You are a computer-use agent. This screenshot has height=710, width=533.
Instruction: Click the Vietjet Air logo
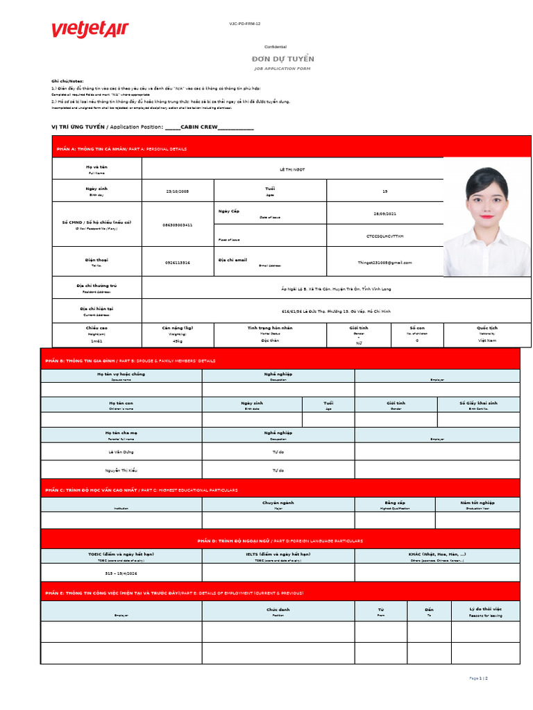(90, 30)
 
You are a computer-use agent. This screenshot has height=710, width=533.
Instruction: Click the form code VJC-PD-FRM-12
(244, 24)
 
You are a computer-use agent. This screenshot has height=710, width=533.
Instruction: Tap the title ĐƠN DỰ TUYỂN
(282, 59)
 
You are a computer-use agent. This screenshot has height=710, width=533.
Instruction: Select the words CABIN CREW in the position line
(199, 127)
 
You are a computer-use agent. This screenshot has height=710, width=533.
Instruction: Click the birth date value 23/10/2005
(178, 191)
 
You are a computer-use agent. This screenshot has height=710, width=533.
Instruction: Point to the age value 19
(384, 191)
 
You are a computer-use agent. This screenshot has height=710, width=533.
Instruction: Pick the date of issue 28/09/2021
(384, 214)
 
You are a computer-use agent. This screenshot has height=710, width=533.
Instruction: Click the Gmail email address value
(384, 263)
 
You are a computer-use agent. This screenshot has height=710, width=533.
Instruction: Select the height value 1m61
(96, 341)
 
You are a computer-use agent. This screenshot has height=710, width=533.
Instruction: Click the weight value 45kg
(178, 341)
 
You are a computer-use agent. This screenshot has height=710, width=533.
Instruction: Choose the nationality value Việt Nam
(487, 340)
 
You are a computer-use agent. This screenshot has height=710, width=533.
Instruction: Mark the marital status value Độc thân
(270, 340)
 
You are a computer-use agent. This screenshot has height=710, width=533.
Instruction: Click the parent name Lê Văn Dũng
(121, 451)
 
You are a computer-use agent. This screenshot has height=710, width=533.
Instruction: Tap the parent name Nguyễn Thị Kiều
(121, 470)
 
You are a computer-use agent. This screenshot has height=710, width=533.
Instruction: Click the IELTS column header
(278, 555)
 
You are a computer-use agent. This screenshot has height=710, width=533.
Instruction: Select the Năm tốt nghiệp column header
(477, 503)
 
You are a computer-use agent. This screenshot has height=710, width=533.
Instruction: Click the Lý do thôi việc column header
(485, 609)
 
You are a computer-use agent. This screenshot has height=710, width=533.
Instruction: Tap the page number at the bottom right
(479, 677)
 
